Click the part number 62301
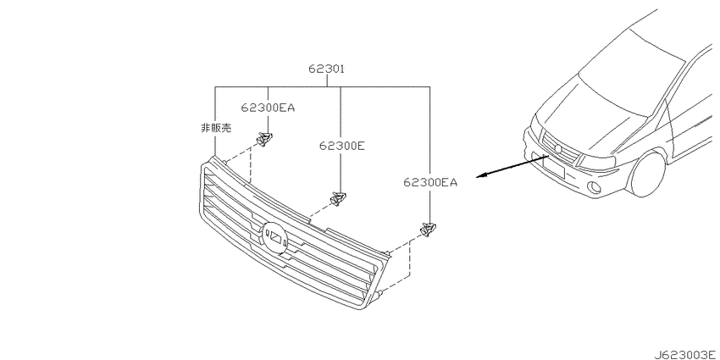point(326,69)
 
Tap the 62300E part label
point(342,146)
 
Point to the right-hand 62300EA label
point(430,183)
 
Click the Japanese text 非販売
point(216,129)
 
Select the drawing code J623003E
point(684,354)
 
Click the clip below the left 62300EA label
point(265,138)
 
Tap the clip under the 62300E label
point(338,198)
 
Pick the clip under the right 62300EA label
point(428,230)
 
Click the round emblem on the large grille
point(274,237)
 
